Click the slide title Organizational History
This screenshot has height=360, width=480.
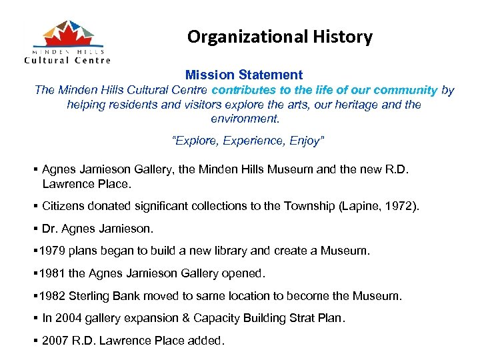[279, 37]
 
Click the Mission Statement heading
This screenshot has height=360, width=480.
[244, 75]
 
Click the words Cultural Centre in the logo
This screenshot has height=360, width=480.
[67, 59]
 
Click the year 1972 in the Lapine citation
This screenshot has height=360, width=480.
[401, 207]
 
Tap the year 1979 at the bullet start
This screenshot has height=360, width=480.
[51, 251]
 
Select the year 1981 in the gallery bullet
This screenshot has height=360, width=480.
[51, 273]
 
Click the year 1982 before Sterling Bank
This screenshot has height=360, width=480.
[51, 295]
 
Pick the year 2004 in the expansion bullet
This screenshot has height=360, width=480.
[67, 318]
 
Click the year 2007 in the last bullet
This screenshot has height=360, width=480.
[55, 341]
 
